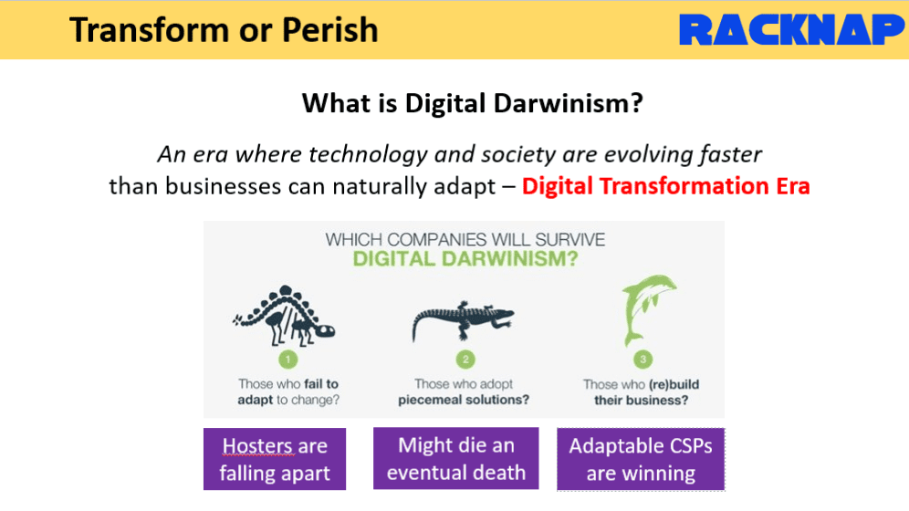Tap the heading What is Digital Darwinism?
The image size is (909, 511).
tap(473, 103)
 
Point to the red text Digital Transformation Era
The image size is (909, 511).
tap(665, 186)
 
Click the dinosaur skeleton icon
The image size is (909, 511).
tap(284, 316)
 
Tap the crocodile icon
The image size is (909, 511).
tap(463, 320)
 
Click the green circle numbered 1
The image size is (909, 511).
tap(288, 360)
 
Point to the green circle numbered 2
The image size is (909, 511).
tap(465, 360)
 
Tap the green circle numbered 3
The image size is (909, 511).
tap(643, 360)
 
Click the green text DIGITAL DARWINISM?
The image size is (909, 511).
tap(465, 258)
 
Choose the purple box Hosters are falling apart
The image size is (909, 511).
tap(275, 459)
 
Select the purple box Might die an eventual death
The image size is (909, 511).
tap(456, 458)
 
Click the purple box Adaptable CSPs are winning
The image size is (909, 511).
tap(641, 459)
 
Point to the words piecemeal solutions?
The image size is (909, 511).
tap(464, 400)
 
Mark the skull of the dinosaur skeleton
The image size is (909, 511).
tap(325, 331)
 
